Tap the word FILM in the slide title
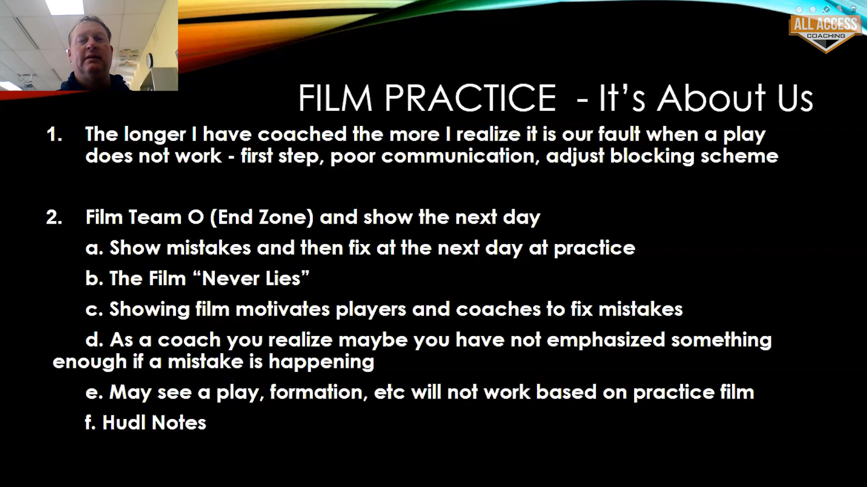[335, 98]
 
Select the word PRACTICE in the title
[470, 98]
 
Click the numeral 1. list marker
[54, 134]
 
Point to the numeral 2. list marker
[54, 217]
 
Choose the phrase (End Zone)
[262, 217]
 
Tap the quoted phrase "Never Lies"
[251, 278]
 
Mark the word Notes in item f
[179, 423]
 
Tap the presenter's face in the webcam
[92, 50]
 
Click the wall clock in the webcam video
[149, 60]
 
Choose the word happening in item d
[322, 362]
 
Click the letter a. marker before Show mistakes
[94, 248]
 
